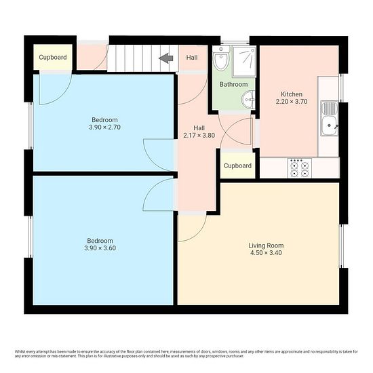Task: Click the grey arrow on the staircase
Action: [165, 58]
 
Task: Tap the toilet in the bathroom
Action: [221, 59]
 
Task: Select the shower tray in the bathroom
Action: [244, 62]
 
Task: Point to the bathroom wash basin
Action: [249, 100]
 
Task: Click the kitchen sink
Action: [329, 118]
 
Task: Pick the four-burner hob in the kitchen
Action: [300, 168]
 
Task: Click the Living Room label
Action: [266, 246]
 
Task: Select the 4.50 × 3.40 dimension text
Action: [266, 253]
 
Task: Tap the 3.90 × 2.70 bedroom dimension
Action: [105, 127]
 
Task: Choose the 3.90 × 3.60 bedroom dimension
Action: [100, 248]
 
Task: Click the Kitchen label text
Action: [292, 94]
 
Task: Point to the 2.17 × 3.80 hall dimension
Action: [199, 136]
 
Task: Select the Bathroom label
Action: [233, 85]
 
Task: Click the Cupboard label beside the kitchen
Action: [237, 165]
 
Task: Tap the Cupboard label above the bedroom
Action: [53, 58]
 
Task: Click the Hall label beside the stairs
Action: [192, 58]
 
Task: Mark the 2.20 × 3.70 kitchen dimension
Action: [292, 102]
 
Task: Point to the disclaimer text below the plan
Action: [186, 354]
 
